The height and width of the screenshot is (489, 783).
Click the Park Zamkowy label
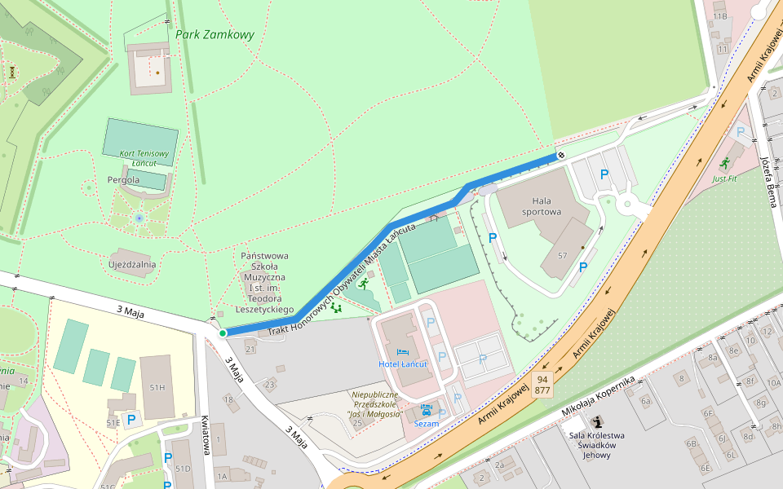(215, 35)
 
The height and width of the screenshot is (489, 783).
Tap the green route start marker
(222, 333)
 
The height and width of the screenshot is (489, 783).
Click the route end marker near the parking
(560, 155)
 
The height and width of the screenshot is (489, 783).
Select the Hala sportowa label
(546, 206)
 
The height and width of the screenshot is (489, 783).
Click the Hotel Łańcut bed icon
(402, 352)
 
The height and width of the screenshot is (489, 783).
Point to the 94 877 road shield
(542, 385)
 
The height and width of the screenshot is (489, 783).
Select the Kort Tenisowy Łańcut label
(144, 158)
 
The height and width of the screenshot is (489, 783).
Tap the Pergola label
(123, 179)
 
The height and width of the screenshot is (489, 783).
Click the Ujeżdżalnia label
(132, 264)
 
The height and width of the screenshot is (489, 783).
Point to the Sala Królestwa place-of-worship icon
(597, 421)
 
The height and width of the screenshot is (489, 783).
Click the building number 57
(562, 255)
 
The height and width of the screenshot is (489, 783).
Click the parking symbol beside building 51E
(131, 418)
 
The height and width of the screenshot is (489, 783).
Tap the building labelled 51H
(157, 388)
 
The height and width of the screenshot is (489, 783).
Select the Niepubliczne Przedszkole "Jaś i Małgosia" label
(376, 403)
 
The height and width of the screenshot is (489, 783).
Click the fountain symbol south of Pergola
(139, 218)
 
